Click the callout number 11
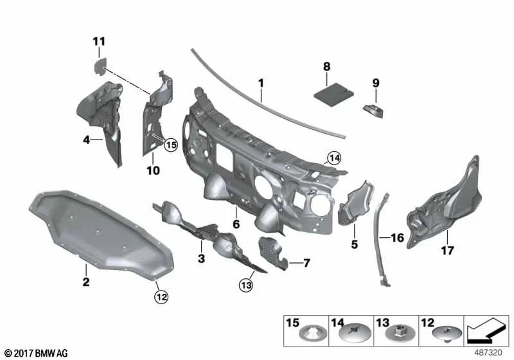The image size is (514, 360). pos(99,42)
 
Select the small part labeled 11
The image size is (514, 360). pos(100,66)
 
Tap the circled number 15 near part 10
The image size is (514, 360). pos(171,145)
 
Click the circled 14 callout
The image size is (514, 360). pos(334,158)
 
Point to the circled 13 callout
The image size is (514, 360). pos(246,285)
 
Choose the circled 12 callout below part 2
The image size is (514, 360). pos(161,297)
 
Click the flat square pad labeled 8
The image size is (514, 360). pos(334,94)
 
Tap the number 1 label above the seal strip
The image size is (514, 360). pos(261,84)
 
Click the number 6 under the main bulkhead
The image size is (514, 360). pos(236,224)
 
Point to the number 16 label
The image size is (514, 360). pos(397,238)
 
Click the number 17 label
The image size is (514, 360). pos(447,251)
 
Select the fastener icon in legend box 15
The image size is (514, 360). pos(313,334)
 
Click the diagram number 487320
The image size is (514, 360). pos(488,352)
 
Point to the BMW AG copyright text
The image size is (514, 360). pos(36,353)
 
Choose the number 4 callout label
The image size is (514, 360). pos(86,140)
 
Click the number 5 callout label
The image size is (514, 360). pos(355,244)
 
